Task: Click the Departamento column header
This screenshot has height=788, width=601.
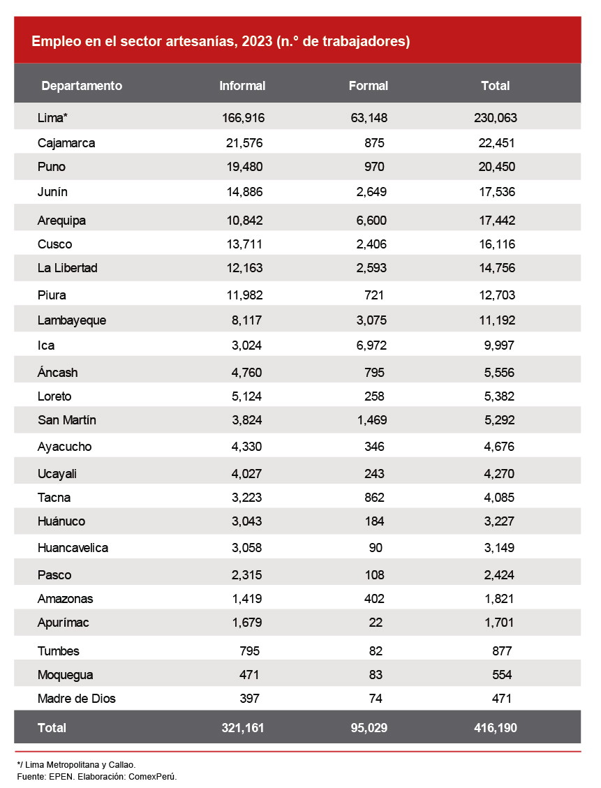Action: (82, 86)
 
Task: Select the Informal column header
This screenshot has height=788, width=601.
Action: (242, 86)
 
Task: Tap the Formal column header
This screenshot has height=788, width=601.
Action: (368, 86)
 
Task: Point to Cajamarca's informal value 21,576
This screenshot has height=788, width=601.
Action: (242, 143)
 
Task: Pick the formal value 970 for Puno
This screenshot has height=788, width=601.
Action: (374, 167)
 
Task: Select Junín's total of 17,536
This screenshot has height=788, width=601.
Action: (495, 192)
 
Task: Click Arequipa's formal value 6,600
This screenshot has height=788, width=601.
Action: (369, 221)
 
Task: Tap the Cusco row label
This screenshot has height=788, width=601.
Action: (54, 244)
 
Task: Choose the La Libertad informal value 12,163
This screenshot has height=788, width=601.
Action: (242, 268)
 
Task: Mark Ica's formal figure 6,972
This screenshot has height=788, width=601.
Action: (369, 345)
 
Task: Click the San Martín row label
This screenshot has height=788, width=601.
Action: (67, 420)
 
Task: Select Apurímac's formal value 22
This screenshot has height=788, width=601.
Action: (377, 623)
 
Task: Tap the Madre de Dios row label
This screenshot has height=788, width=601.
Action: (77, 699)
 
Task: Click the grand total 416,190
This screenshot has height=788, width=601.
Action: (495, 728)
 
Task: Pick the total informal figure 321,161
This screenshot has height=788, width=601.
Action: (242, 728)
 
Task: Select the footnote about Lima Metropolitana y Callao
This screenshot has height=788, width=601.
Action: (76, 765)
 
